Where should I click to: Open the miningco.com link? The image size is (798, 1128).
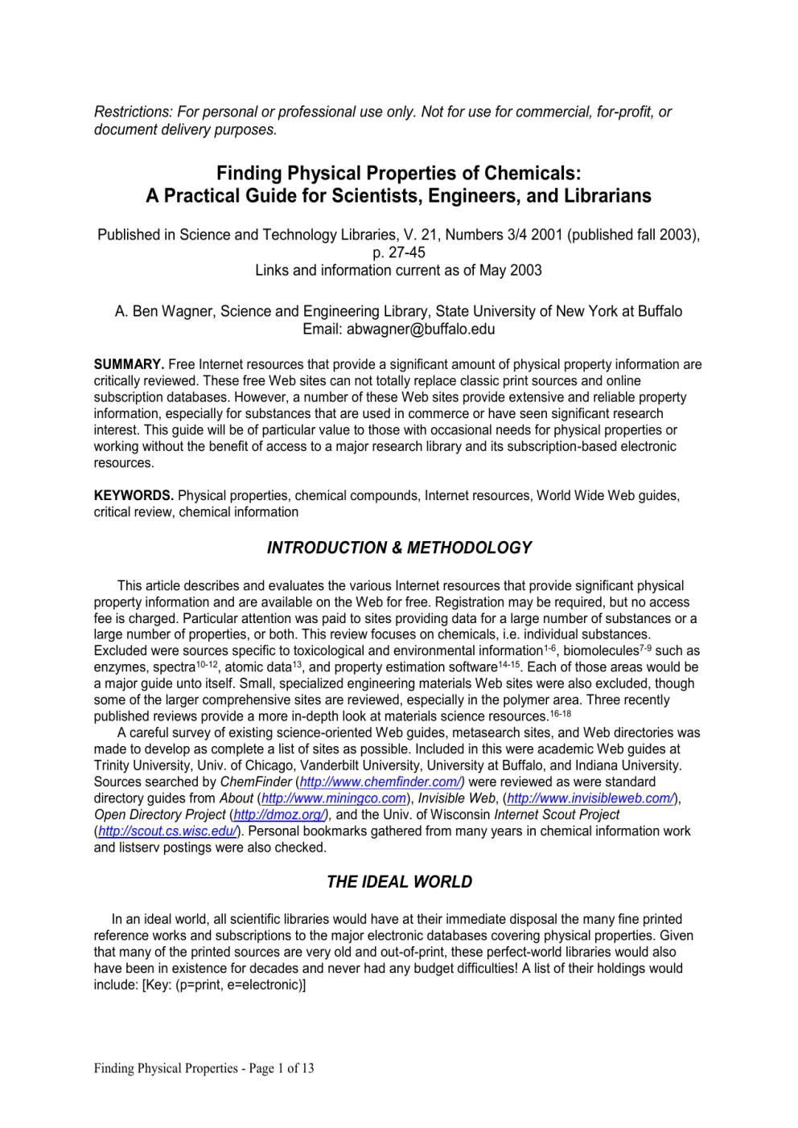tap(334, 798)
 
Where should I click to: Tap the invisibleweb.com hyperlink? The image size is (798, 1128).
tap(590, 798)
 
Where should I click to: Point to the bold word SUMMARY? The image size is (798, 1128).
tap(129, 364)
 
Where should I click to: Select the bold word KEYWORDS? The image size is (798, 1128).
tap(134, 495)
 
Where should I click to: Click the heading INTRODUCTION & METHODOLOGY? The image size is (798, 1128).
tap(399, 548)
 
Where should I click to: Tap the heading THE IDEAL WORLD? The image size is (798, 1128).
tap(399, 882)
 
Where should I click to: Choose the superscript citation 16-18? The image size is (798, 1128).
tap(561, 713)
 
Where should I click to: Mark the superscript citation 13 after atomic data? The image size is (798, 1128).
tap(297, 664)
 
